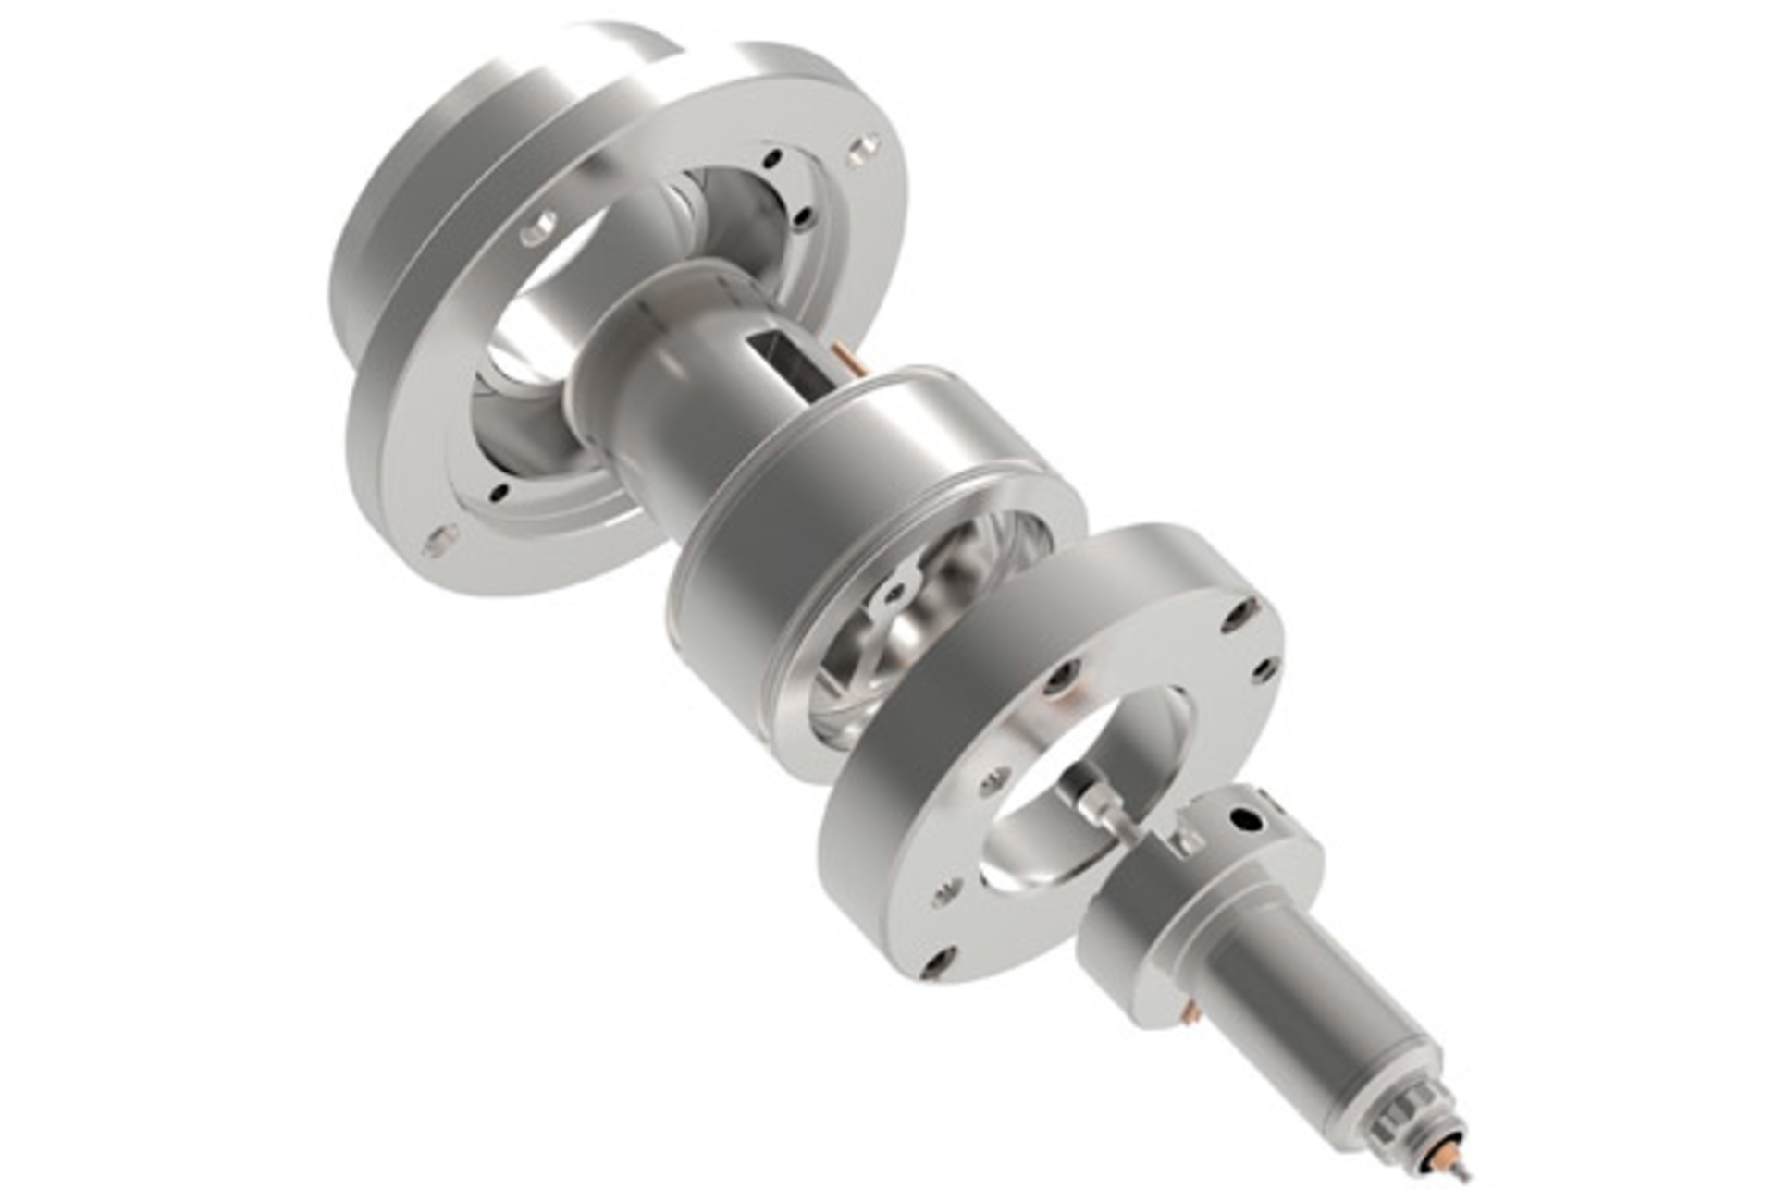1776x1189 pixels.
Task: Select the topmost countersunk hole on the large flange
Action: tap(864, 145)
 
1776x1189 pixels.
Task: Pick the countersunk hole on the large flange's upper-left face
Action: tap(539, 226)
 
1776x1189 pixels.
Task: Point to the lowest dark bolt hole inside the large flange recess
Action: tap(499, 491)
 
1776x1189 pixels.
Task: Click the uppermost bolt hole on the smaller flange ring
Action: tap(1240, 613)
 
